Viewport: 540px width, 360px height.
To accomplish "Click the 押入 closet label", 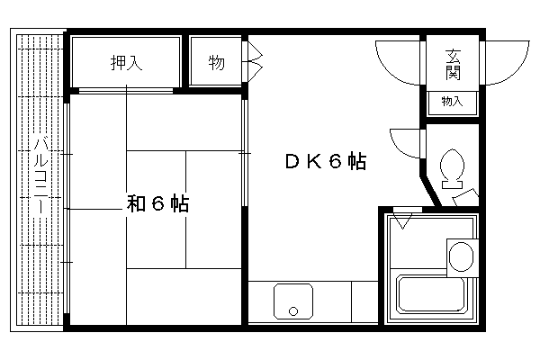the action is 126,63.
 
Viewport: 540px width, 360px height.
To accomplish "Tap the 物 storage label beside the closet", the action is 216,63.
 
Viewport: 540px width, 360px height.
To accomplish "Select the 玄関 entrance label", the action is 453,65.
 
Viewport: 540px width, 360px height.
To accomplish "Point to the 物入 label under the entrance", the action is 452,102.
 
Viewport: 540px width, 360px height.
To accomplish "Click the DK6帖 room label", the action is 326,161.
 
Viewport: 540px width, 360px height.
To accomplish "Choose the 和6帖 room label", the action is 157,203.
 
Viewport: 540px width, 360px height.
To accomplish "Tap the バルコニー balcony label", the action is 41,175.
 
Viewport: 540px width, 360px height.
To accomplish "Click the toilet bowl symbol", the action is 452,165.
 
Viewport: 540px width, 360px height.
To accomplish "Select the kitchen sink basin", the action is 293,301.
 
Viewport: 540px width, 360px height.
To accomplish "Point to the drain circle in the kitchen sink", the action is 293,311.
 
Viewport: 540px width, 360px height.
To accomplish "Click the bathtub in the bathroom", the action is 431,293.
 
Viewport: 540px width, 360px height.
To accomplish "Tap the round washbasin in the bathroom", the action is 461,257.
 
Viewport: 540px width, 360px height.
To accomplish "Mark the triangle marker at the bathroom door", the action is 402,221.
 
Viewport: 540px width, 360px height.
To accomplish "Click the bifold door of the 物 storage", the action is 253,62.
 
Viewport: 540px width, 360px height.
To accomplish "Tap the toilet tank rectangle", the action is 452,184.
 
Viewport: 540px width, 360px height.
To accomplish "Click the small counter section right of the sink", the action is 364,302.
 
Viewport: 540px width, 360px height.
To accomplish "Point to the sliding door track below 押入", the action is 126,91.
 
